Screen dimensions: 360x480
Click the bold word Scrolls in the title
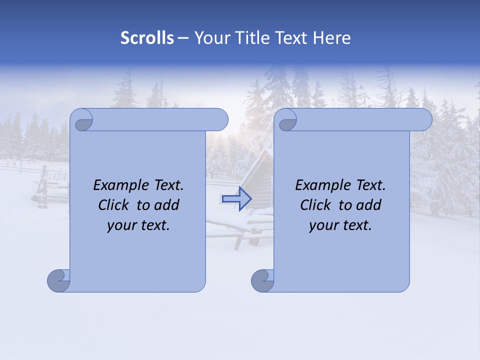(x=147, y=38)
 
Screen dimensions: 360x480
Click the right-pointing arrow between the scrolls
(x=237, y=198)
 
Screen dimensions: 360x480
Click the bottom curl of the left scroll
(x=58, y=280)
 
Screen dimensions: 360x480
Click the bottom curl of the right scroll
(x=262, y=280)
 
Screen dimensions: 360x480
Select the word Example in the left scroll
(x=118, y=185)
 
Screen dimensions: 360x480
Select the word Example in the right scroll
(x=320, y=185)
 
